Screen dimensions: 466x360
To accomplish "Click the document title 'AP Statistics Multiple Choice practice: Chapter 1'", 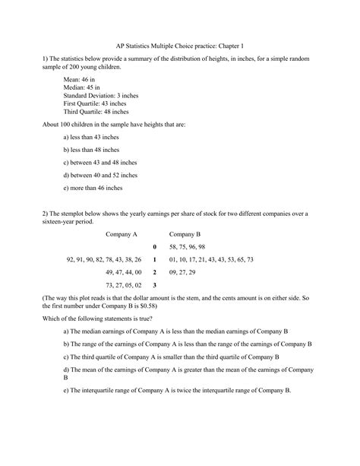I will point(179,45).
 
